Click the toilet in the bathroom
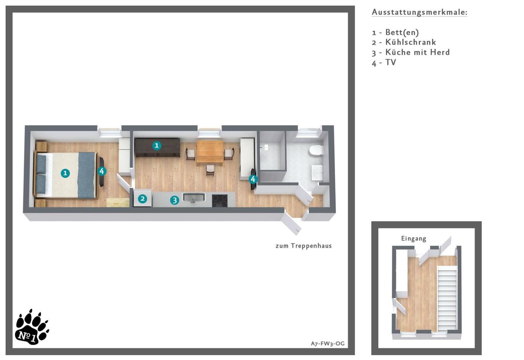(316, 150)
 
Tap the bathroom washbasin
(317, 173)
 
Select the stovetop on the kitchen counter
(220, 200)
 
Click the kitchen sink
(194, 197)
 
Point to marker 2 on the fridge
(143, 199)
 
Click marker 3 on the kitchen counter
(174, 200)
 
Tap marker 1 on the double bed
(65, 173)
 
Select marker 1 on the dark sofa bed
(157, 146)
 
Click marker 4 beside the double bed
(102, 171)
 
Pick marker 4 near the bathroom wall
(253, 179)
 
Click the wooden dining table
(210, 152)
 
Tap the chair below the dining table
(210, 170)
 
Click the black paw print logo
(32, 327)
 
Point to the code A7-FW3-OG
(327, 344)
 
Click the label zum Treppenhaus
(304, 246)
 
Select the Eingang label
(414, 239)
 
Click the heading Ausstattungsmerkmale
(420, 12)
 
